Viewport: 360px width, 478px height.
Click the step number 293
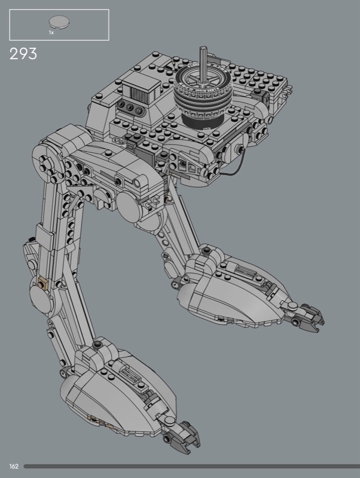click(x=23, y=54)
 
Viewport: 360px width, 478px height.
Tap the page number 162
click(x=14, y=466)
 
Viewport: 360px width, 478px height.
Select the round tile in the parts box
click(x=59, y=22)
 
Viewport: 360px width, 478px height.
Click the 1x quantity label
click(x=51, y=32)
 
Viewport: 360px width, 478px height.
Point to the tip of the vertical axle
click(x=203, y=48)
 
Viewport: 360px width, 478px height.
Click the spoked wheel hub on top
click(x=202, y=78)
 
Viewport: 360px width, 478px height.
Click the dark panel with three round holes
click(x=130, y=108)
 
